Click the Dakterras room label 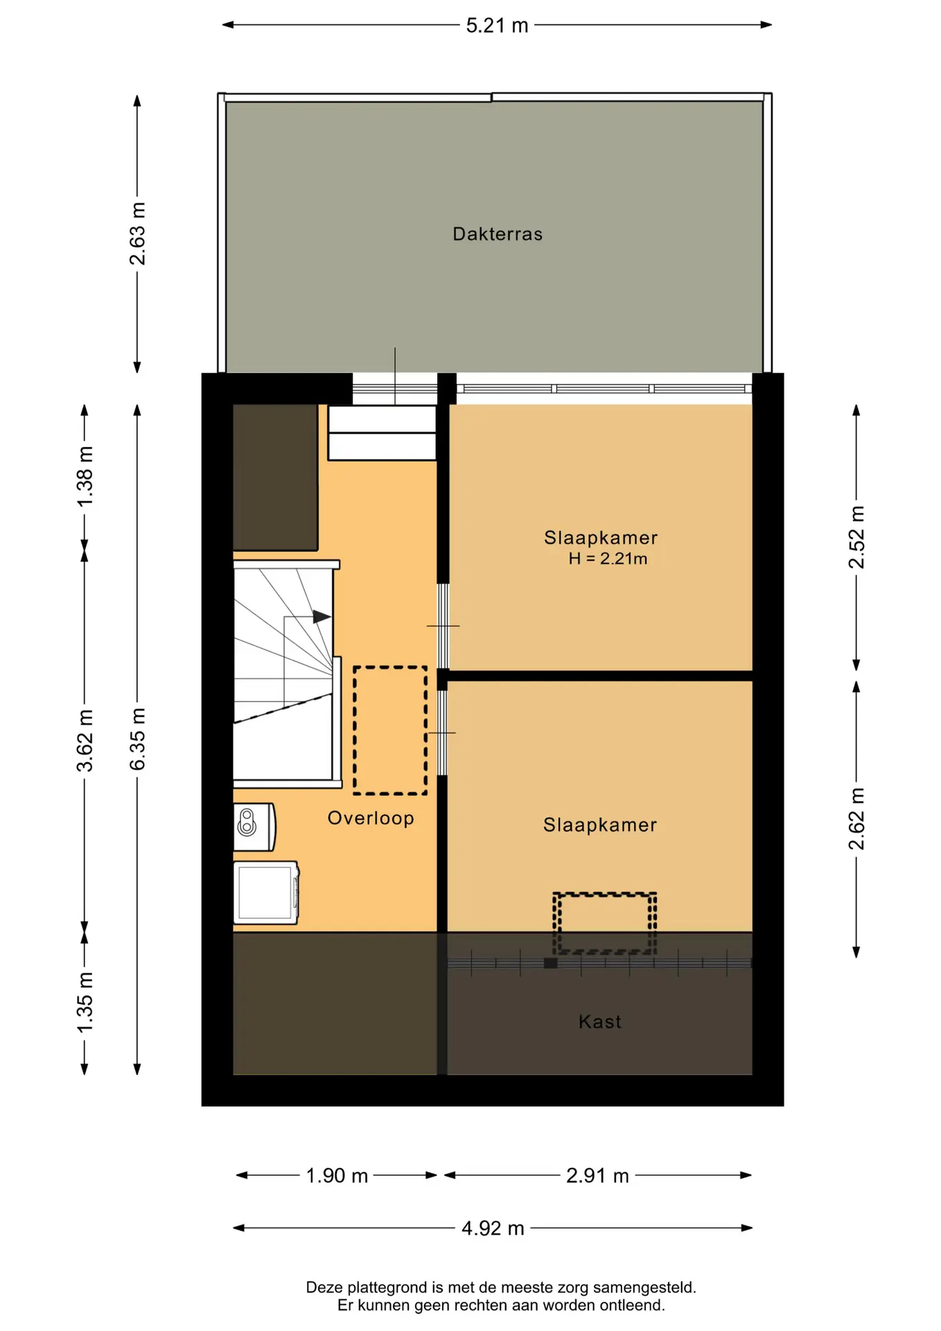coord(498,234)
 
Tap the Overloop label coord(371,819)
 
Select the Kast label coord(600,1022)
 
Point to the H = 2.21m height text coord(608,559)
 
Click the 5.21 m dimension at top coord(497,26)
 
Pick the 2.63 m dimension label coord(138,234)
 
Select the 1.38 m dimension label coord(85,477)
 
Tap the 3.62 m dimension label coord(85,741)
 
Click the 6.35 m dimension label coord(138,739)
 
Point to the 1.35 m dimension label coord(85,1002)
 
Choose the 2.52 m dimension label coord(857,537)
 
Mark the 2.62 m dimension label coord(857,819)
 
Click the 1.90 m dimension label coord(337,1176)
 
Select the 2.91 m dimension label coord(597,1176)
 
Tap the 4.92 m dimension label coord(493,1228)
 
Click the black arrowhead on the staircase coord(322,616)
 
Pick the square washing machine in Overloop coord(266,893)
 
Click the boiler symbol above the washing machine coord(254,827)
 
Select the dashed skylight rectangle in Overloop coord(390,731)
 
